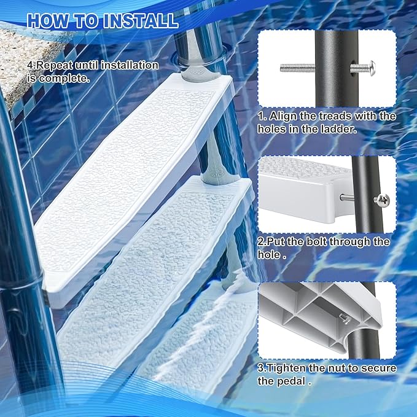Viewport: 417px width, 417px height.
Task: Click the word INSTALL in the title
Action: tap(141, 21)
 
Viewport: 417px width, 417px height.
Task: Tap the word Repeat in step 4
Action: tap(53, 66)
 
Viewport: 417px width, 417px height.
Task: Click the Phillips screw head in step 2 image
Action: tap(382, 200)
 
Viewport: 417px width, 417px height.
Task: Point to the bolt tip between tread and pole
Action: tap(347, 197)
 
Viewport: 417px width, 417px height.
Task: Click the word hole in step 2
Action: tap(269, 254)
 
